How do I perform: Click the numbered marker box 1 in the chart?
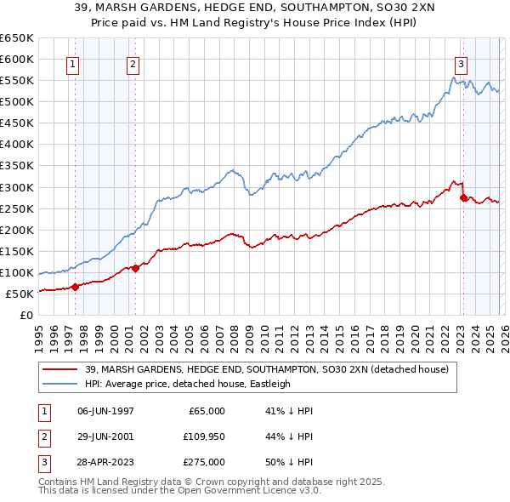72,63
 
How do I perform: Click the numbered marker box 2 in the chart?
133,63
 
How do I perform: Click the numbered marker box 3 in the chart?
461,63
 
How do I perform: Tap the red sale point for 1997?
75,287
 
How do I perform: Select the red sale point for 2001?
136,268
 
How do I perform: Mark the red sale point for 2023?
463,197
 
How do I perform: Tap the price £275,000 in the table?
205,462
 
